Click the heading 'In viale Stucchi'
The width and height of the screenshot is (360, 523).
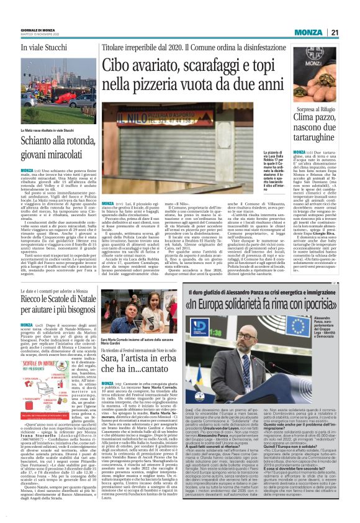tap(43, 47)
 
